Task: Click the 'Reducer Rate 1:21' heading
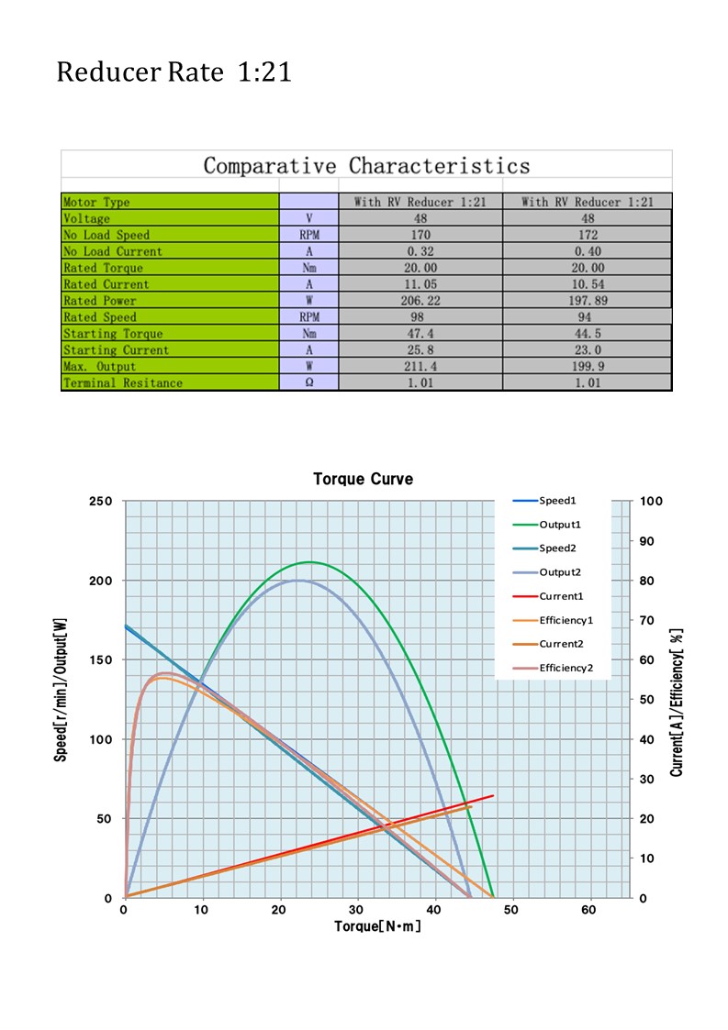[174, 72]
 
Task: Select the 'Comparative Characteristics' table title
[366, 166]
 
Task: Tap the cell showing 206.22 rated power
[420, 301]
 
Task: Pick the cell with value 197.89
[588, 301]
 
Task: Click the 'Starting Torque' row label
[113, 334]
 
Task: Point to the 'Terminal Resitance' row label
[122, 383]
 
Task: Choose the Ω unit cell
[308, 383]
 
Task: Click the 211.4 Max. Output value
[420, 367]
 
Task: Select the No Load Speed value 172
[588, 235]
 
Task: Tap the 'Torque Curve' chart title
[363, 480]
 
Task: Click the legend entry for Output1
[559, 525]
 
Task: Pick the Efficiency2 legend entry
[566, 668]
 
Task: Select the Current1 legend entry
[561, 596]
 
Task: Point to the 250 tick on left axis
[101, 501]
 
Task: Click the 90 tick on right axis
[649, 541]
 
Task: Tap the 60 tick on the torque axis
[589, 910]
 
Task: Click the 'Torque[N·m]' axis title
[377, 927]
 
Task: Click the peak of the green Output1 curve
[309, 561]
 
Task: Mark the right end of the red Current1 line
[493, 796]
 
